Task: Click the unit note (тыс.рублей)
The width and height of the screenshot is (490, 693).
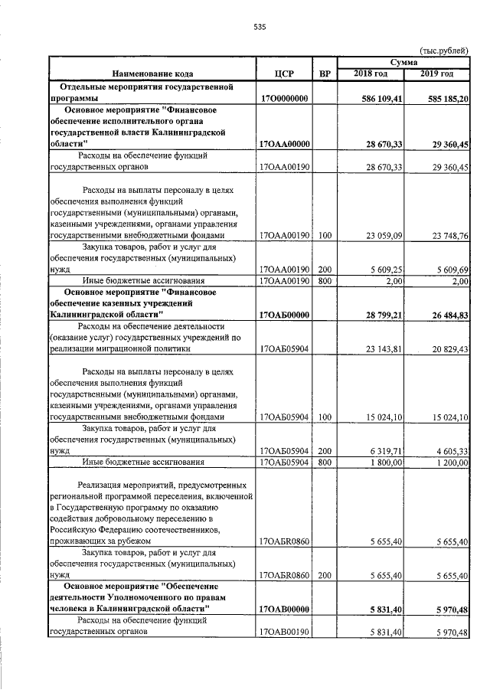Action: pos(445,50)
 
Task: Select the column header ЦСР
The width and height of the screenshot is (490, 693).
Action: pos(284,74)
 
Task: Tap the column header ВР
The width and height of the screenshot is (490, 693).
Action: pos(325,74)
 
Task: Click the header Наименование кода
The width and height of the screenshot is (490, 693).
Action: pos(152,74)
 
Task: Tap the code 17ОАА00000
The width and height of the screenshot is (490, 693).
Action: pos(284,144)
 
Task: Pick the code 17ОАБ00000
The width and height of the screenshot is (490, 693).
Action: pos(284,315)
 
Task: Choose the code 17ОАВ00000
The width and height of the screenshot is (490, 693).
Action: pos(284,610)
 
